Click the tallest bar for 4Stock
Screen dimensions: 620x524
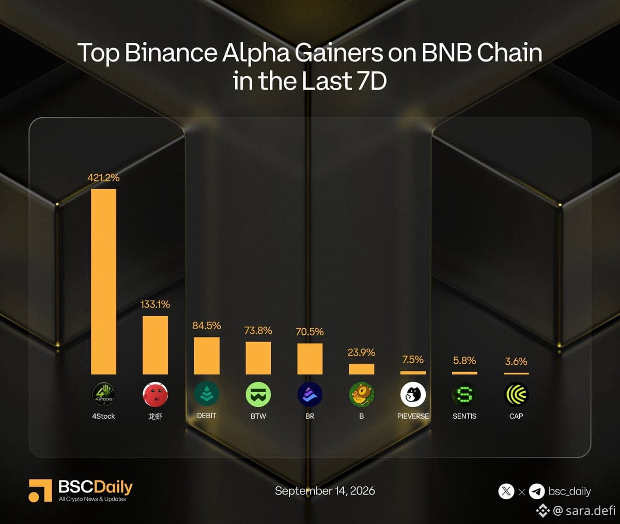(103, 282)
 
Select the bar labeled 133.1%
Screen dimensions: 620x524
(155, 345)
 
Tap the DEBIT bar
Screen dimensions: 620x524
(207, 356)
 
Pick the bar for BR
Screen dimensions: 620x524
(309, 359)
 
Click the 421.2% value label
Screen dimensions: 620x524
(103, 178)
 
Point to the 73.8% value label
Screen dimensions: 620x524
(258, 330)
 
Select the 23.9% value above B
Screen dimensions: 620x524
(361, 352)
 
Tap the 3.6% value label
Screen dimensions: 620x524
(516, 361)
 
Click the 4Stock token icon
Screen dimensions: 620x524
(103, 394)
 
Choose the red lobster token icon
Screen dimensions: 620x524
(155, 394)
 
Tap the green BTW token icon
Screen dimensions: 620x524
(258, 394)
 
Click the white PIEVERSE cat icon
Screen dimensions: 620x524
(413, 394)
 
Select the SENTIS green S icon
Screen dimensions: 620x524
(464, 394)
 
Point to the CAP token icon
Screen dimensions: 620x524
(516, 394)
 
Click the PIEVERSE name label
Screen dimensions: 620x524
(413, 416)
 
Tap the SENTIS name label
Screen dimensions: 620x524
(464, 416)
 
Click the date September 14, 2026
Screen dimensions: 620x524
(325, 491)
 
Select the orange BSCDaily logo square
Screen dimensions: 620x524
(40, 490)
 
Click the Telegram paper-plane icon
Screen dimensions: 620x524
(537, 491)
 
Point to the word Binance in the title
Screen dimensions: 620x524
(171, 53)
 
